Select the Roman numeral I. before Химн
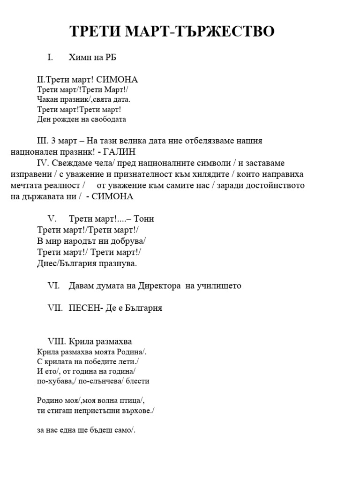[x=50, y=58]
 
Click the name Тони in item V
[x=143, y=219]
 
